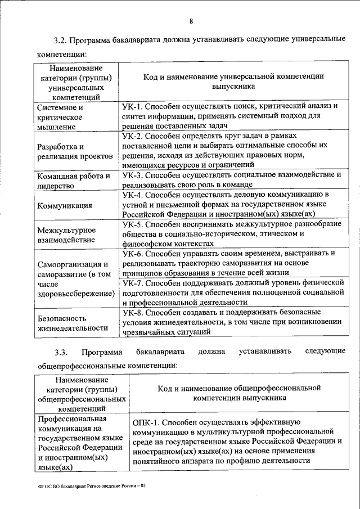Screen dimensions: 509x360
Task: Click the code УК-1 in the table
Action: click(x=133, y=106)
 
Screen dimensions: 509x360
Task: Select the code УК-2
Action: click(x=133, y=136)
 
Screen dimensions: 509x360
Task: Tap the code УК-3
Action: click(x=133, y=175)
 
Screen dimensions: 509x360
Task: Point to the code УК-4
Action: click(x=133, y=195)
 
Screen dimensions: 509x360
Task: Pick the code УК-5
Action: click(x=133, y=224)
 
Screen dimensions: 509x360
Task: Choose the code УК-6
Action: click(x=133, y=253)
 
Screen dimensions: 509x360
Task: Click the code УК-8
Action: click(x=133, y=312)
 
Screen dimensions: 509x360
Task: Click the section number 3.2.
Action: click(x=60, y=40)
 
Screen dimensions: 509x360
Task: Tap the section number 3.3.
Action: click(x=61, y=352)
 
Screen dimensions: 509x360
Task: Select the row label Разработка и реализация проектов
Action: click(x=70, y=152)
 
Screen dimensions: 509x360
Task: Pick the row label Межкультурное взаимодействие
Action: click(x=66, y=235)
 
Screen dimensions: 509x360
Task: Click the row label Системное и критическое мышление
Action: click(x=61, y=117)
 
